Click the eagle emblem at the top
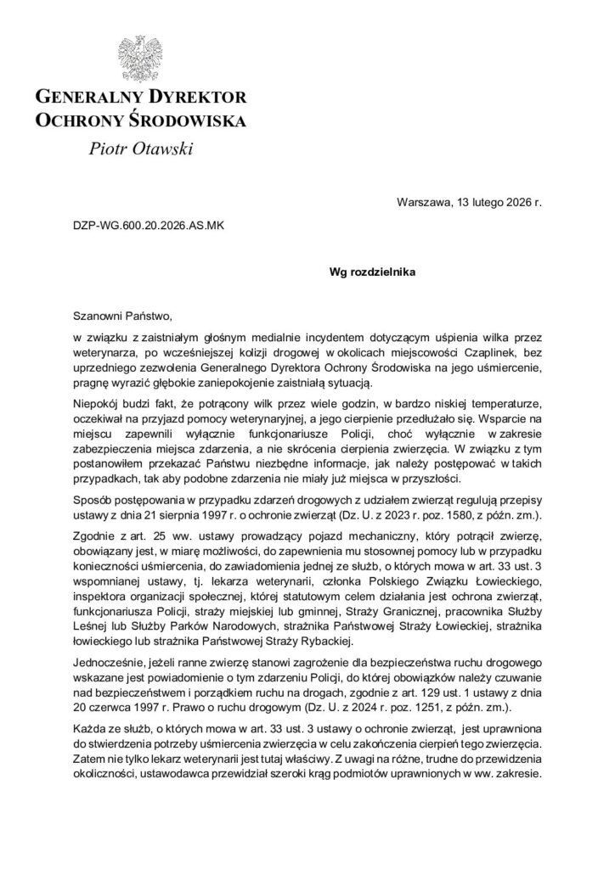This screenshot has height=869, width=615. coord(139,57)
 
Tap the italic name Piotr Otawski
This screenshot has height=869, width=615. coord(140,149)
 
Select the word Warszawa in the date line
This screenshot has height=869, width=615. coord(424,202)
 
